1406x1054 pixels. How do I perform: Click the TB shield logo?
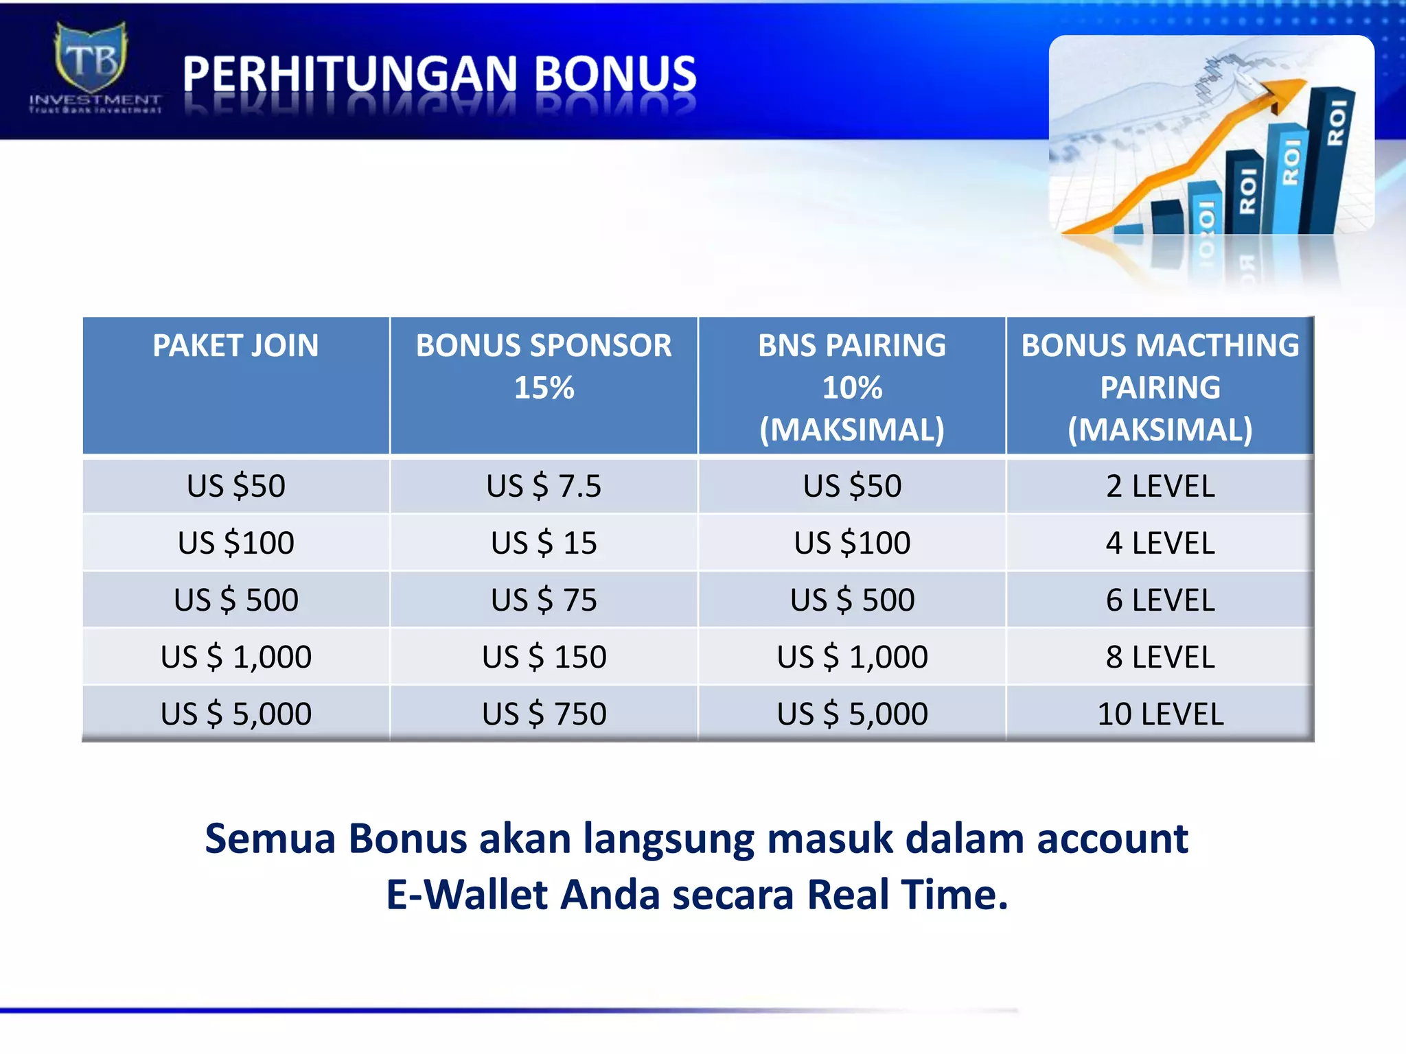tap(91, 58)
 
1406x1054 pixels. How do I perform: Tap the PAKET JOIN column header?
tap(235, 345)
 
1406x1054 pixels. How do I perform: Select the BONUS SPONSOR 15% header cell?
tap(544, 366)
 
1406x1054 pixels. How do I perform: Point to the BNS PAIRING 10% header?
tap(852, 387)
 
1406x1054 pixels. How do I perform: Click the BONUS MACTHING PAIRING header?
tap(1160, 387)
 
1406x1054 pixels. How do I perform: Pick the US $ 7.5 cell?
tap(544, 486)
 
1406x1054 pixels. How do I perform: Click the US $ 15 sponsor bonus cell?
tap(544, 543)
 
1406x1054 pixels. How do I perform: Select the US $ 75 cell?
tap(544, 600)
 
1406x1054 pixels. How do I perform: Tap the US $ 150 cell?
tap(544, 657)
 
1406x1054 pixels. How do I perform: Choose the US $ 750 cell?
tap(544, 714)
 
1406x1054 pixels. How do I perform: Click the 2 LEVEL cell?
tap(1160, 486)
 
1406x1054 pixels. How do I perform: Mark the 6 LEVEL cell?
tap(1160, 600)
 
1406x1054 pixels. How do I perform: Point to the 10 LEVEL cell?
tap(1160, 714)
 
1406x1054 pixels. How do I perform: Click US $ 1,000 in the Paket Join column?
tap(235, 657)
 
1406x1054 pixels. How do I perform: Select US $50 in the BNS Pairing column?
tap(852, 486)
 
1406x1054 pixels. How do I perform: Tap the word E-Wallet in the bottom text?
tap(466, 895)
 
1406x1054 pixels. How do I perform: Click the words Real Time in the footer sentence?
tap(906, 895)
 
